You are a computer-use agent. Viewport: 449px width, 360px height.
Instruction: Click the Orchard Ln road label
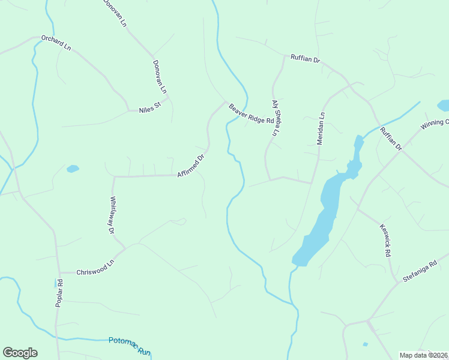[x=56, y=43]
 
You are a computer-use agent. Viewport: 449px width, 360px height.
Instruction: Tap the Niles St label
[x=150, y=110]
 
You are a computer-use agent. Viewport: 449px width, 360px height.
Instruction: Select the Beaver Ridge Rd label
[x=251, y=114]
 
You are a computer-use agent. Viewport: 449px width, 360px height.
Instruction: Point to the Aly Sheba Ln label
[x=277, y=119]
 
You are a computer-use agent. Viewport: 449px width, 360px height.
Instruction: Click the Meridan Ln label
[x=321, y=129]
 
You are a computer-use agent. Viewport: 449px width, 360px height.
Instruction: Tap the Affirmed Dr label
[x=191, y=166]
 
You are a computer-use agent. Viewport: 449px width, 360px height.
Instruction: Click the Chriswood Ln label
[x=95, y=268]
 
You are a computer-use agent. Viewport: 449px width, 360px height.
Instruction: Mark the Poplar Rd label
[x=59, y=294]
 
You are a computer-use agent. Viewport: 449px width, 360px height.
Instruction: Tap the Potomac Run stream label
[x=129, y=346]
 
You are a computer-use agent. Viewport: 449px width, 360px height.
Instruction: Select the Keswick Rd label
[x=385, y=241]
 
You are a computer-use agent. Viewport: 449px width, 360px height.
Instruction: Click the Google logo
[x=20, y=353]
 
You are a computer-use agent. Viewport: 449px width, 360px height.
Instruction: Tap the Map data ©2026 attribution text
[x=423, y=355]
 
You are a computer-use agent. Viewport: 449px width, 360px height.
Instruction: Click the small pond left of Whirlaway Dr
[x=73, y=169]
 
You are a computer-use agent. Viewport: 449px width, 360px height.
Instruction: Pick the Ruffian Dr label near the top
[x=305, y=60]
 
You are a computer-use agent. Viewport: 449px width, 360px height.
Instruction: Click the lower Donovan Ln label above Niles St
[x=159, y=76]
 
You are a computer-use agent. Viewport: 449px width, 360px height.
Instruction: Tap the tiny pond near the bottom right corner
[x=365, y=344]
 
